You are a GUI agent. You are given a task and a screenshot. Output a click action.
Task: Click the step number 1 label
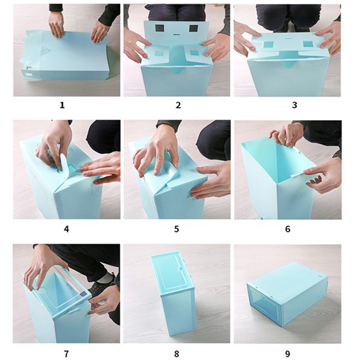pyautogui.click(x=62, y=105)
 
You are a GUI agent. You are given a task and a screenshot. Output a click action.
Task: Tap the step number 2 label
pyautogui.click(x=178, y=105)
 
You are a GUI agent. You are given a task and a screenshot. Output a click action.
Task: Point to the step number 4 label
pyautogui.click(x=66, y=229)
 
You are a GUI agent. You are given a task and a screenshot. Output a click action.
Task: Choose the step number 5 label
pyautogui.click(x=176, y=229)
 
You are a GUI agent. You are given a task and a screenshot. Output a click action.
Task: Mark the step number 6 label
pyautogui.click(x=288, y=229)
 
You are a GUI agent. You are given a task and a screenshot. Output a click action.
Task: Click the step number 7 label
pyautogui.click(x=66, y=354)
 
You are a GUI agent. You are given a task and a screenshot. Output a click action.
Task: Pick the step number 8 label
pyautogui.click(x=176, y=354)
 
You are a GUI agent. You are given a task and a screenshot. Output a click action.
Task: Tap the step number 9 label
pyautogui.click(x=288, y=354)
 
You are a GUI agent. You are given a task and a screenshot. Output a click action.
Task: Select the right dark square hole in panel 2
pyautogui.click(x=194, y=28)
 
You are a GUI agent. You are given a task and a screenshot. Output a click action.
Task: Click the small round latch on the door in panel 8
pyautogui.click(x=180, y=268)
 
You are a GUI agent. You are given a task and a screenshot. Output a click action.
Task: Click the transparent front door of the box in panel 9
pyautogui.click(x=264, y=303)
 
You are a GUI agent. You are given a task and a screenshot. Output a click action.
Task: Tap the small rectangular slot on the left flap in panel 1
pyautogui.click(x=29, y=75)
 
